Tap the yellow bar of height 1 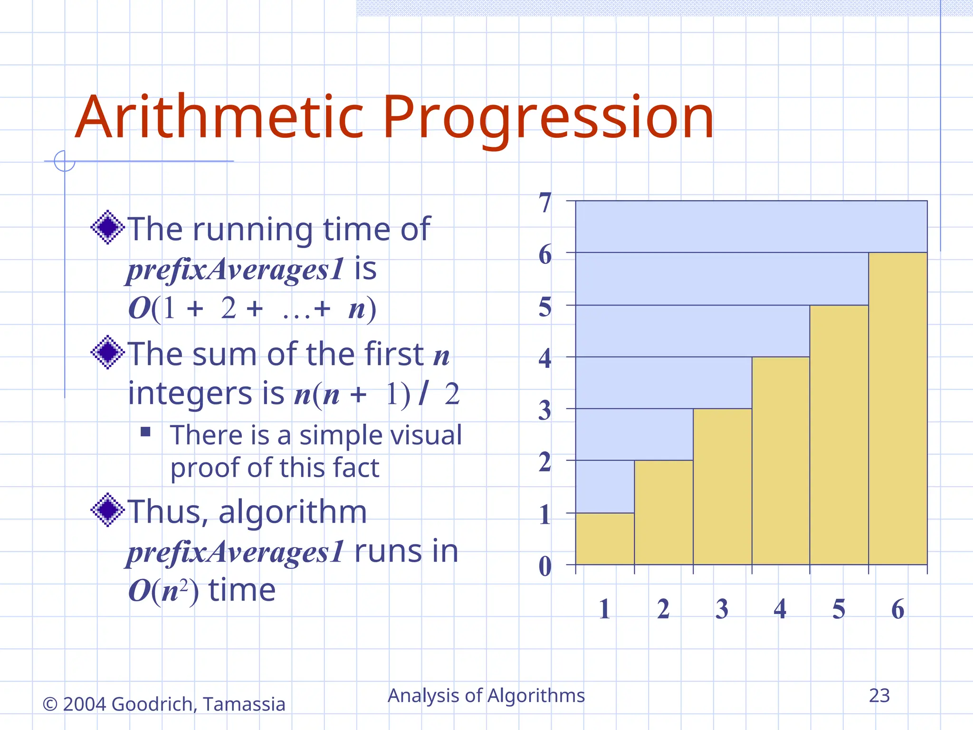pos(605,538)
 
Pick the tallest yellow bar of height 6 pos(897,409)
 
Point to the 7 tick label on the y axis pos(545,203)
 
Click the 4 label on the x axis pos(780,609)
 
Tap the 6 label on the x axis pos(897,609)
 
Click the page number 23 pos(879,696)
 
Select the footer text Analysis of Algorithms pos(486,696)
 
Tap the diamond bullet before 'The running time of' pos(108,227)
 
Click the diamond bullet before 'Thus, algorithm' pos(108,510)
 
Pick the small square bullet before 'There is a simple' pos(145,432)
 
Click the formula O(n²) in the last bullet pos(163,591)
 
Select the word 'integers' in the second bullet pos(190,394)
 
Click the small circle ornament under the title pos(65,161)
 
